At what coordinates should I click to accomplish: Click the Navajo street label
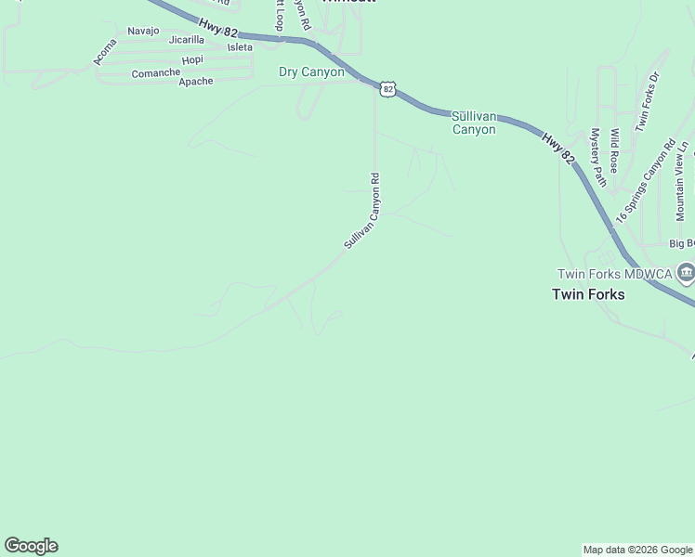143,31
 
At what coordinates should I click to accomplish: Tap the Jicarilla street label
186,40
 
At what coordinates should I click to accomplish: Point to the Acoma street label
105,52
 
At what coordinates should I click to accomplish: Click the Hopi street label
192,59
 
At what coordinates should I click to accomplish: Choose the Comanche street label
155,72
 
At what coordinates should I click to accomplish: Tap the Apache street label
195,81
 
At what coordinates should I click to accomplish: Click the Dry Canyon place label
311,71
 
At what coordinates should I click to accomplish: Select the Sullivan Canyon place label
474,123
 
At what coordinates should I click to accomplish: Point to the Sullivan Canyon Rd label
362,211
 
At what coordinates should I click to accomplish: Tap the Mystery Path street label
597,157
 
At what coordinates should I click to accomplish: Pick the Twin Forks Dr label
647,101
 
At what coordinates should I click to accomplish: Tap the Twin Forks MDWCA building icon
686,272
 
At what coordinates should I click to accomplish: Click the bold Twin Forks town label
588,294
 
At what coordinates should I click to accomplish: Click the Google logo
31,545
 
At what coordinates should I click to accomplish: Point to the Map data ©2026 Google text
636,550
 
